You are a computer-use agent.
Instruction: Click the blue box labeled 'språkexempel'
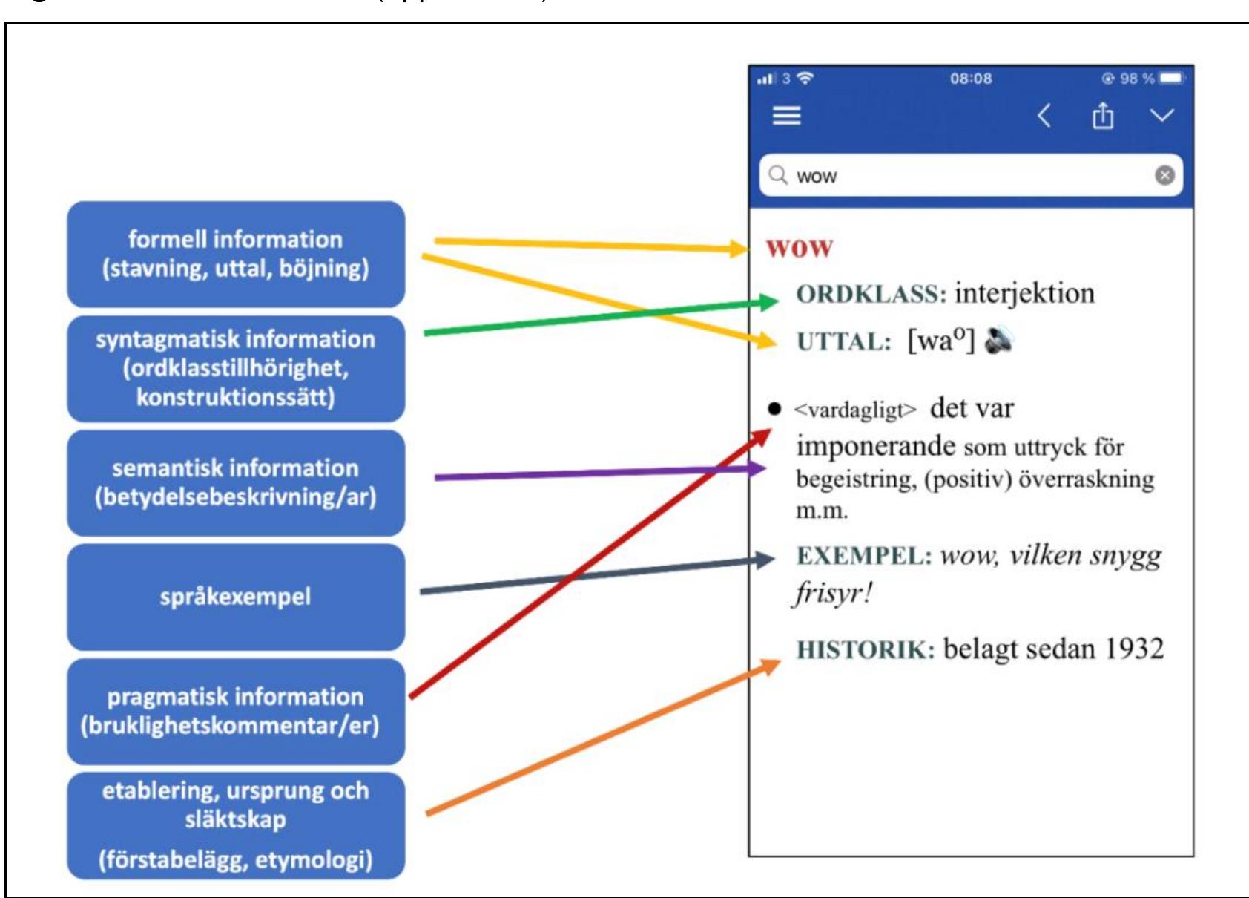[x=236, y=597]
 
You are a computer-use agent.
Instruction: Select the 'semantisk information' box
[x=236, y=482]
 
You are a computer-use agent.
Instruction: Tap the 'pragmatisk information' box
[x=236, y=711]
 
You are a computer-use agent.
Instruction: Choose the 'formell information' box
[x=236, y=255]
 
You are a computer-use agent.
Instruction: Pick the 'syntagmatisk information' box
[x=236, y=368]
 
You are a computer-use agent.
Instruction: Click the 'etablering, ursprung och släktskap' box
[x=236, y=825]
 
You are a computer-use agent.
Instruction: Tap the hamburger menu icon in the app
[x=787, y=116]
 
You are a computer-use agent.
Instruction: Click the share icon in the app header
[x=1102, y=116]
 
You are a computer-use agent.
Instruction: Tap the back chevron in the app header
[x=1044, y=116]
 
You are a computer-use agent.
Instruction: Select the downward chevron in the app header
[x=1162, y=116]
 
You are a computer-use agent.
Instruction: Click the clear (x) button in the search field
[x=1164, y=175]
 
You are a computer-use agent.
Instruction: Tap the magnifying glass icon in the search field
[x=778, y=175]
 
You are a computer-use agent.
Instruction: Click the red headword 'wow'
[x=800, y=248]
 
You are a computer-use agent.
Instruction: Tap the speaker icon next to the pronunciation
[x=998, y=340]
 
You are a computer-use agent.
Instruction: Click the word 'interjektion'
[x=1025, y=293]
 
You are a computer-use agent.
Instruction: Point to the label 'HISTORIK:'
[x=866, y=650]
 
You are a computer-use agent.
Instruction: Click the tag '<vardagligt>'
[x=855, y=410]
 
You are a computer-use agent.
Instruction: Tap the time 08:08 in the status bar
[x=971, y=79]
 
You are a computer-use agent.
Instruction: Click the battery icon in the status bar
[x=1172, y=78]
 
